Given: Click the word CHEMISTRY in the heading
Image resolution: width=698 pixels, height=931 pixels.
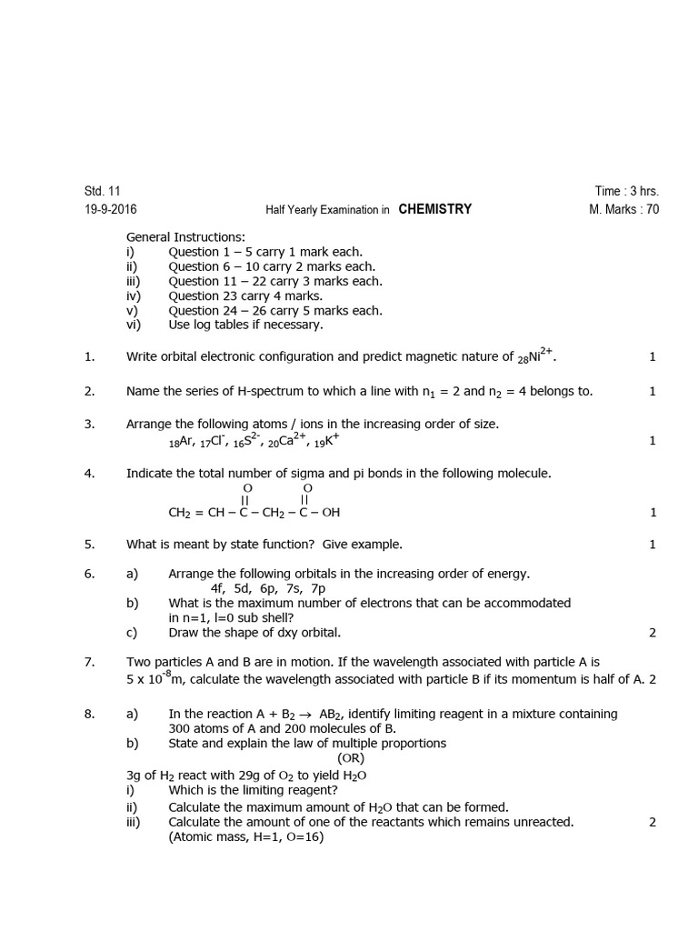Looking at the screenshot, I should point(434,209).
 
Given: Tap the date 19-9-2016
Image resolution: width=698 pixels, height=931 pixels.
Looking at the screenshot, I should point(111,209).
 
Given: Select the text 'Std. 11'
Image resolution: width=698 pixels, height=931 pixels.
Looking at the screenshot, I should point(102,191).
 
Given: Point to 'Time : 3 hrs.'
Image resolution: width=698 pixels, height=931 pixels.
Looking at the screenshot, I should point(627,191).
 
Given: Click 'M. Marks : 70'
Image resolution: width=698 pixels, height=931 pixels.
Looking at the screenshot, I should point(624,210).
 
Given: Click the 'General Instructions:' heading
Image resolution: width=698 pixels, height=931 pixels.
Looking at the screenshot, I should point(185,237).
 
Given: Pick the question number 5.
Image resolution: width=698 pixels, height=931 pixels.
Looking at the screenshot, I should point(89,545).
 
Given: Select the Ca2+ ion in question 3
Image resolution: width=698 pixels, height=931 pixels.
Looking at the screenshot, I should point(288,441).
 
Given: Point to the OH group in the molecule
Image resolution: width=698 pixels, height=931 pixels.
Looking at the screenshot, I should point(330,513).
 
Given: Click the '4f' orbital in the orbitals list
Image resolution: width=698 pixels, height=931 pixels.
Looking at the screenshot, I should point(218,589).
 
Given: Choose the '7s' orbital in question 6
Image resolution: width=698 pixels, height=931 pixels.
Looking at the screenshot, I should point(293,589).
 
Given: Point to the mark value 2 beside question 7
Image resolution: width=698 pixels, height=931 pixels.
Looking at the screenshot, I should point(653,679).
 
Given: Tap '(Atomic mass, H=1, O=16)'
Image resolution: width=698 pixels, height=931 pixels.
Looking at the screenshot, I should point(245,836).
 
